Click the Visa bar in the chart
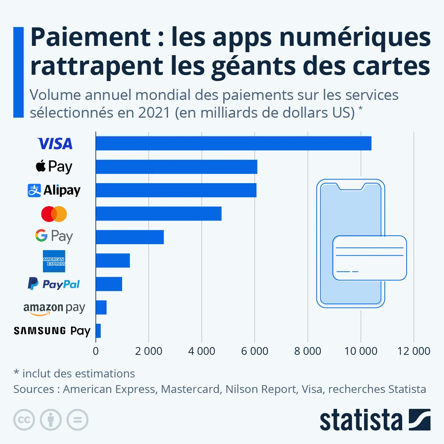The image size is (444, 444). pos(233,143)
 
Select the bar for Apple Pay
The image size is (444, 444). pos(176,167)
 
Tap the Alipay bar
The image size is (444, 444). pos(176,190)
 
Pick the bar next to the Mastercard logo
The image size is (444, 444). pos(158,213)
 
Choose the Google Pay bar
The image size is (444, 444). pos(129,237)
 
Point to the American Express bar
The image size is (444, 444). pos(112,260)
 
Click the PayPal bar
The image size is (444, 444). pos(109,284)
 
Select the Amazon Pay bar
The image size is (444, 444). pos(101,307)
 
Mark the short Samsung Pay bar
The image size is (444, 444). pos(98,331)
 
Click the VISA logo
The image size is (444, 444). pos(55,144)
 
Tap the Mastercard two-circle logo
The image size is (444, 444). pos(54,214)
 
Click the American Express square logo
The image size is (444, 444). pos(54,261)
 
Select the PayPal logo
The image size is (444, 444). pos(54,284)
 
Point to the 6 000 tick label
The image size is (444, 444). pos(255,351)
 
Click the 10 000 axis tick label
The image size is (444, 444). pos(361,351)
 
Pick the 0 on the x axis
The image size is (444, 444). pos(96,351)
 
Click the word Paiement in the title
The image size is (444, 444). pos(91,38)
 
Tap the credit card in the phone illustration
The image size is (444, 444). pos(369,258)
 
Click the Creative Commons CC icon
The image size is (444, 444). pos(24,420)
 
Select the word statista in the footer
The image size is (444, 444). pos(361,420)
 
